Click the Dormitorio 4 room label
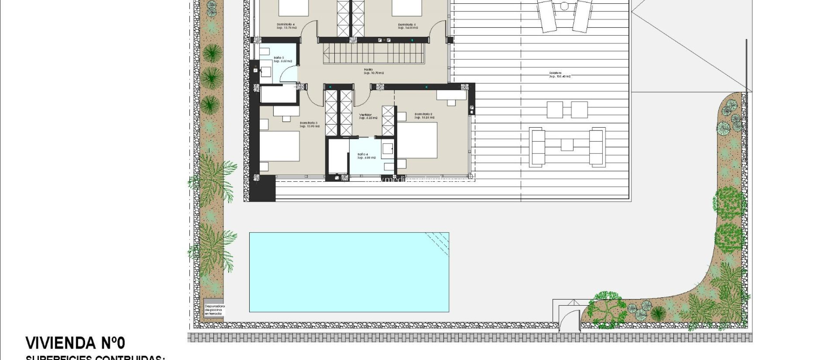coord(286,26)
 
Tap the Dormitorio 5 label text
coord(408,26)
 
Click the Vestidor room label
coord(367,116)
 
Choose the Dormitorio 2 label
coord(424,116)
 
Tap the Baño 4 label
coord(366,156)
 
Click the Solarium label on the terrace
coord(560,75)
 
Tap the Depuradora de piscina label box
coord(214,310)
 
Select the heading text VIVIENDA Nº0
coord(75,343)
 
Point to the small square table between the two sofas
coord(567,145)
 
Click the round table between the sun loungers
coord(565,6)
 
